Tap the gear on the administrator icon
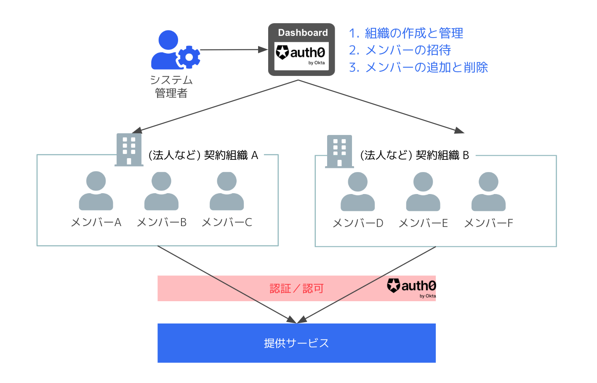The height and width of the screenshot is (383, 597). pos(189,57)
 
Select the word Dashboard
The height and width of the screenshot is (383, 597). pos(303,32)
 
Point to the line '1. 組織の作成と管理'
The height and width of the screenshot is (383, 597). pos(406,33)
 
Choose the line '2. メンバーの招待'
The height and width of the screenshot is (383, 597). pos(400,50)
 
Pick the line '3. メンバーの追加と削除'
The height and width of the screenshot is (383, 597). pos(418,67)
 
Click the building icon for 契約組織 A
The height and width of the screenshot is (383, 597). pos(129,150)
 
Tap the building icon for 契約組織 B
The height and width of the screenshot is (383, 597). pos(339,151)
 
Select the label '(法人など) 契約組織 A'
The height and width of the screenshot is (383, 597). pos(203,155)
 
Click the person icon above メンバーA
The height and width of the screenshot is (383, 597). pos(96,191)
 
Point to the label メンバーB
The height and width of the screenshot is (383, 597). pos(162,222)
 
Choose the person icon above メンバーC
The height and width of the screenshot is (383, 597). pos(227,191)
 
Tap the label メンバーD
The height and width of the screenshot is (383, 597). pos(358,223)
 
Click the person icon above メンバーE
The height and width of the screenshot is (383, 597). pos(423,191)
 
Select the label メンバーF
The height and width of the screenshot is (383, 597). pos(488,223)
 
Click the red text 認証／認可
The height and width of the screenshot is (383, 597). pos(297,289)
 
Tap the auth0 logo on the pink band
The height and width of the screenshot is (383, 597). pos(411,288)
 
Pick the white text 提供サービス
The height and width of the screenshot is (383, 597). pos(296,343)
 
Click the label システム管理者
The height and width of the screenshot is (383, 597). pos(171,86)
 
